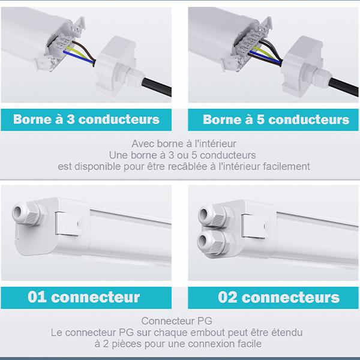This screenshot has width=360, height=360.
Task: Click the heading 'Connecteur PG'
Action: (176, 320)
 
